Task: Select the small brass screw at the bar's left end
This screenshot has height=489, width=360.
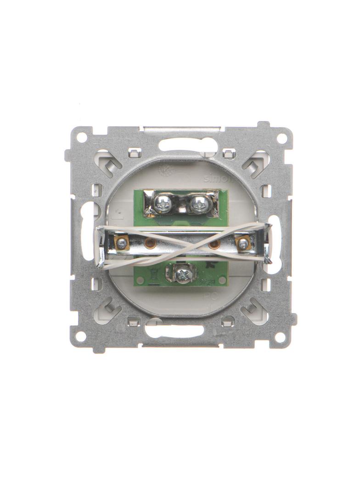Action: coord(121,243)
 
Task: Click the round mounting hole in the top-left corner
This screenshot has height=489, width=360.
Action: coord(81,137)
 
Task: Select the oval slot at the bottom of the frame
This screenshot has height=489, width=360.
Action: coord(174,330)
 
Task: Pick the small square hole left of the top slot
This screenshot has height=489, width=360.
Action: coord(134,152)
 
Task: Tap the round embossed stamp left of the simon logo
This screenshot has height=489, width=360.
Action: coord(163,171)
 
